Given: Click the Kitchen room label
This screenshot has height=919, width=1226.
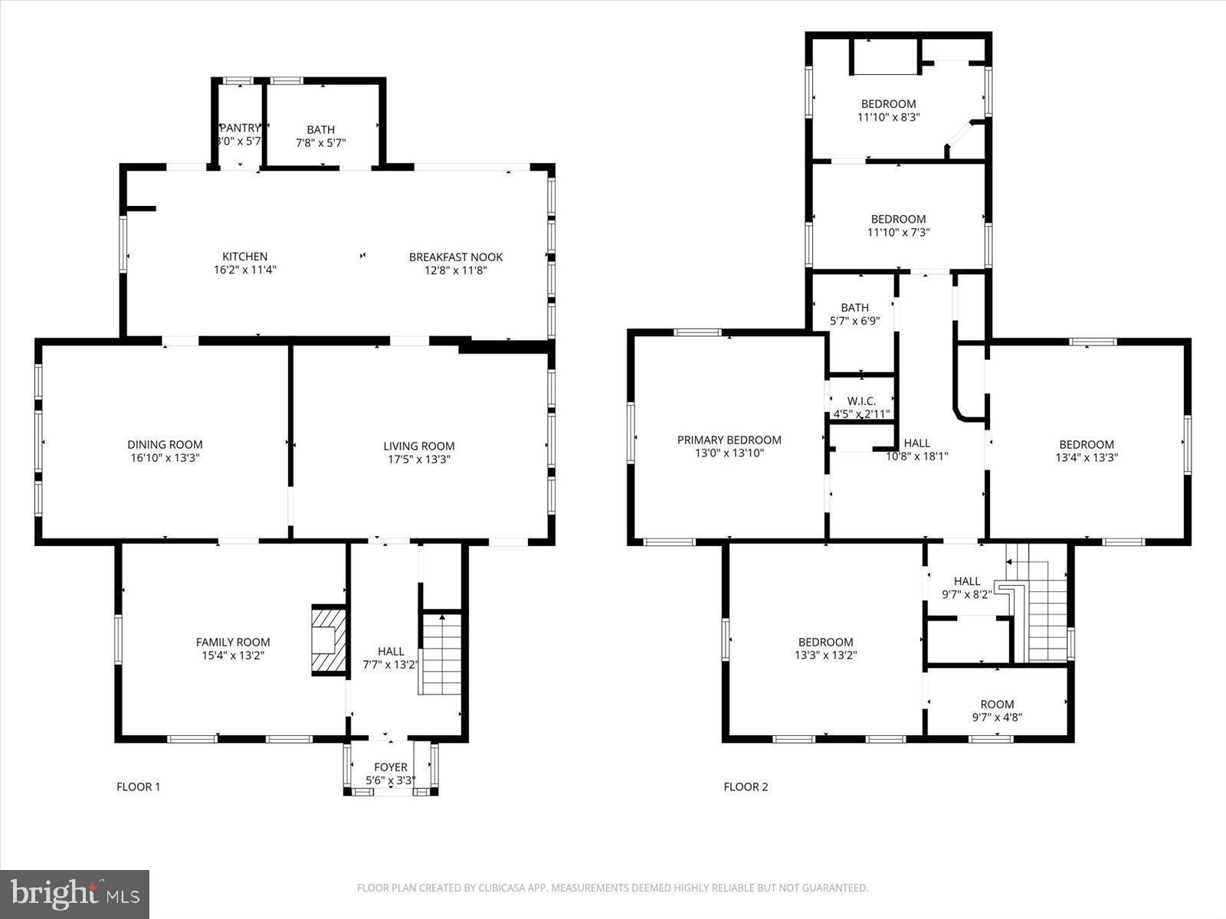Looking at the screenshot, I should point(244,257).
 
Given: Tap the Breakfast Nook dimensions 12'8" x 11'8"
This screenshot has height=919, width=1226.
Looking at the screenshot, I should point(455,270).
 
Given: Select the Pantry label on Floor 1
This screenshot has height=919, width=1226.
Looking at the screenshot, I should point(240,128).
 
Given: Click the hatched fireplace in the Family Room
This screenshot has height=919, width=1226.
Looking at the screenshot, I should point(329,640).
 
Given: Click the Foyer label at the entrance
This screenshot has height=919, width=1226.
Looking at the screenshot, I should point(390,767).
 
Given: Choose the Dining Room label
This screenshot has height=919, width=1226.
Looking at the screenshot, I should point(165,444).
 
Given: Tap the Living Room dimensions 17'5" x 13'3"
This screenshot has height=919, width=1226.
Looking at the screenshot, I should point(418,459).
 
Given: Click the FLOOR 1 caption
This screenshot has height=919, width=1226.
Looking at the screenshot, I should point(138,787).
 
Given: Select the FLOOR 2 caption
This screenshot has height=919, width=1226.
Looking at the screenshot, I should point(746,787).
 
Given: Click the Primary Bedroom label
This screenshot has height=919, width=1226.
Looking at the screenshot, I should point(729,440).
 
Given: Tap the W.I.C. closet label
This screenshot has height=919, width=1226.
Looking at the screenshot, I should point(861,401).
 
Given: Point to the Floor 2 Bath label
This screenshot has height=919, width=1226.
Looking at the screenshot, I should point(854,308).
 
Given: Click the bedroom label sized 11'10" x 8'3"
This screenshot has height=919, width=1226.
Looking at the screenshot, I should point(888,104).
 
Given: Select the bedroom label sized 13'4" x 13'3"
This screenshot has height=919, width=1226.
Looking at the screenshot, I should point(1086,444).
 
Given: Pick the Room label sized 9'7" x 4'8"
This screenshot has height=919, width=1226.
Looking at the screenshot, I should point(997,705).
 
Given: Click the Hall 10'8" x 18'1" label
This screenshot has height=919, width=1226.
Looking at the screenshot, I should point(916,443).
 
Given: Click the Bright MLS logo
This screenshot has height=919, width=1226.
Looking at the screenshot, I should point(74,894).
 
